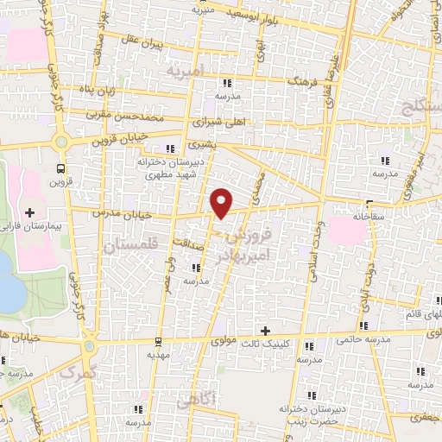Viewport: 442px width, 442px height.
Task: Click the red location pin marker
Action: (x=222, y=202)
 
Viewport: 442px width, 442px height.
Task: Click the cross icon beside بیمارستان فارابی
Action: (x=30, y=212)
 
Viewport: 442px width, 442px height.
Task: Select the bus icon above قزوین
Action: (x=60, y=168)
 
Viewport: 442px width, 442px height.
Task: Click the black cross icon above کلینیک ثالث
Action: (x=265, y=331)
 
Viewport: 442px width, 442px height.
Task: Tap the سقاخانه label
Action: (x=373, y=213)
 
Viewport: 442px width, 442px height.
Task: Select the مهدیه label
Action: (x=155, y=354)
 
